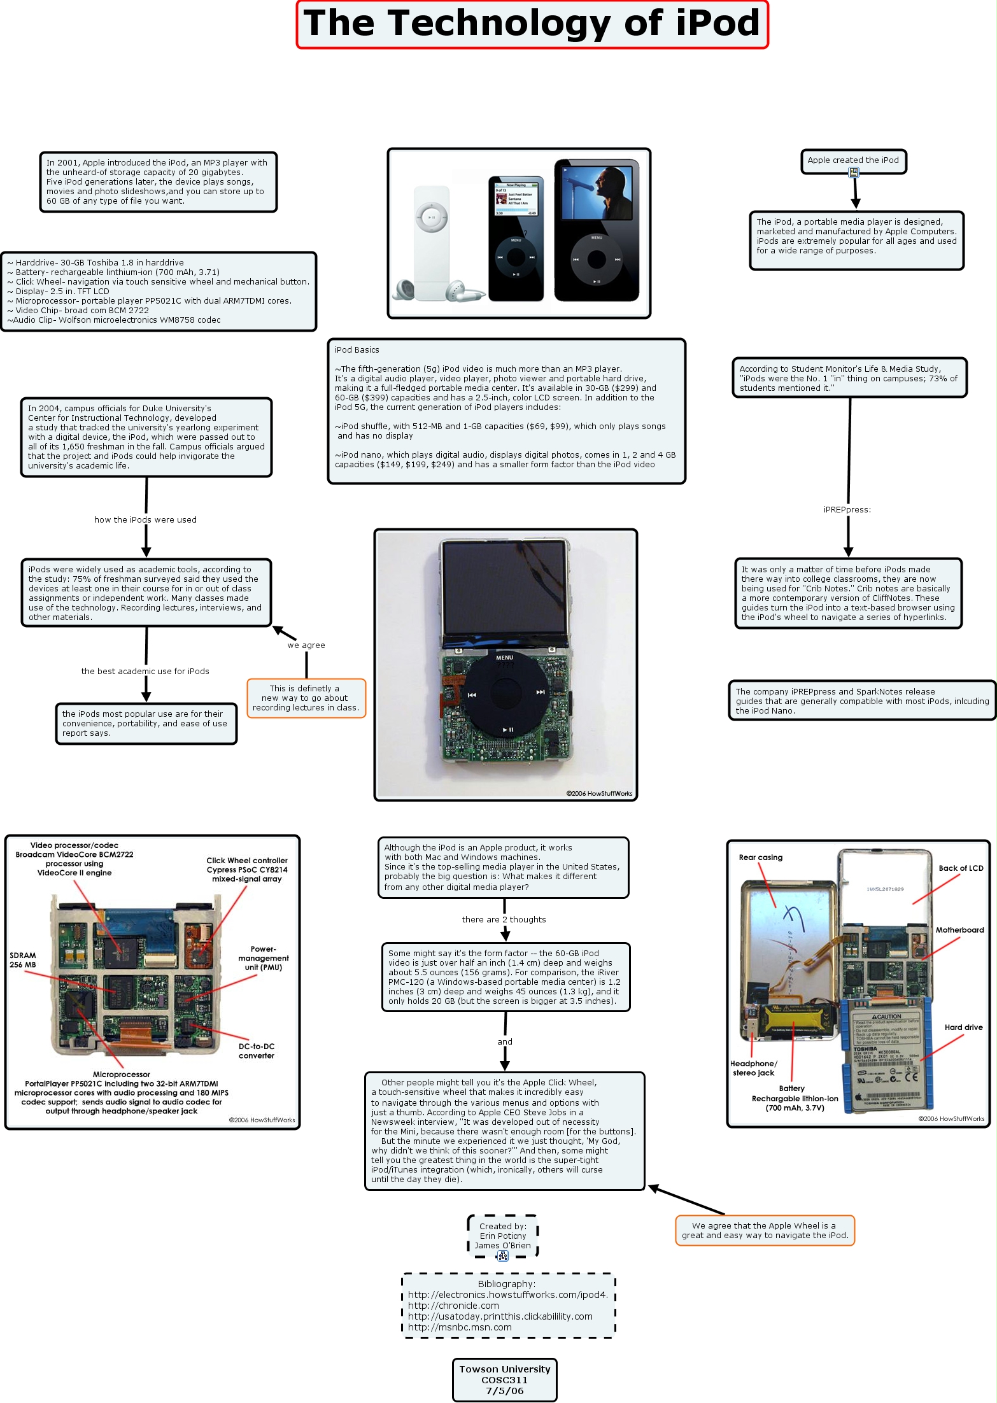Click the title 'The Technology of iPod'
pyautogui.click(x=532, y=24)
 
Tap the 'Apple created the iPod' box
pyautogui.click(x=853, y=160)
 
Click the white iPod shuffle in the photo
pyautogui.click(x=432, y=242)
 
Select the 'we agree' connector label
pyautogui.click(x=306, y=645)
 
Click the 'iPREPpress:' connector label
pyautogui.click(x=847, y=509)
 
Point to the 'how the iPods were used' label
pyautogui.click(x=145, y=519)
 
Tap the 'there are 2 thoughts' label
pyautogui.click(x=504, y=919)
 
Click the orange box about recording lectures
pyautogui.click(x=306, y=698)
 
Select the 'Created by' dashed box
pyautogui.click(x=502, y=1236)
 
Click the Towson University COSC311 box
pyautogui.click(x=504, y=1379)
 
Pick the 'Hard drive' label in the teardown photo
pyautogui.click(x=963, y=1027)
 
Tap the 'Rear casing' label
pyautogui.click(x=760, y=857)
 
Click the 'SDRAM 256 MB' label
pyautogui.click(x=23, y=960)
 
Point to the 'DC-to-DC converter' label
pyautogui.click(x=257, y=1050)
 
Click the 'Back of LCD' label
pyautogui.click(x=961, y=868)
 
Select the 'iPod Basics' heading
pyautogui.click(x=357, y=350)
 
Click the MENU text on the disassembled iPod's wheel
pyautogui.click(x=504, y=658)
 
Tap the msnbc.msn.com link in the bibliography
pyautogui.click(x=460, y=1327)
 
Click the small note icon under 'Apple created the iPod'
pyautogui.click(x=854, y=172)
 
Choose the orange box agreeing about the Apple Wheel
pyautogui.click(x=765, y=1230)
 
